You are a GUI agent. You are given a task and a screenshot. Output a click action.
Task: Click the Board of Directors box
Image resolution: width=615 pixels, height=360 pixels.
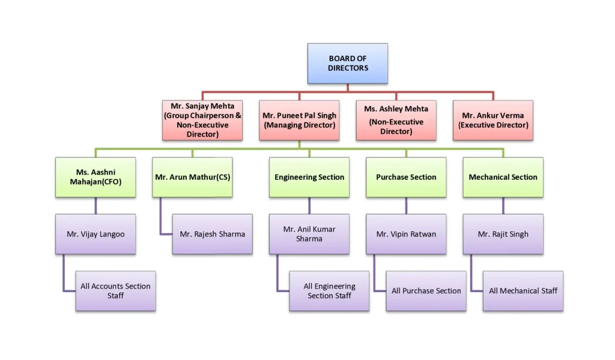[x=347, y=63]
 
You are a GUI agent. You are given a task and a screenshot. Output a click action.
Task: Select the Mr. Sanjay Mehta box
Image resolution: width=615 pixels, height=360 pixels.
[x=202, y=120]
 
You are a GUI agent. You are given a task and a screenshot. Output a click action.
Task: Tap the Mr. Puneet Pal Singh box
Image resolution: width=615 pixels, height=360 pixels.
[x=299, y=120]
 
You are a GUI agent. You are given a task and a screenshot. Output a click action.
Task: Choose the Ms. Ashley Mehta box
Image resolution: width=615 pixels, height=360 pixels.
[x=396, y=120]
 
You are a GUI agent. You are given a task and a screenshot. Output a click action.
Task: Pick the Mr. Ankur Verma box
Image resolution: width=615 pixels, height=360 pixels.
[x=493, y=120]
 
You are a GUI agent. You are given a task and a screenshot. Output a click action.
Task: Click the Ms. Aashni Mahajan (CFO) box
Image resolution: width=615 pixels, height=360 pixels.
[x=95, y=177]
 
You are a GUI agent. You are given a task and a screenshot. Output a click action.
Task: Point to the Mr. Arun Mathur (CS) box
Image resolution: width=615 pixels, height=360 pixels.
[x=192, y=177]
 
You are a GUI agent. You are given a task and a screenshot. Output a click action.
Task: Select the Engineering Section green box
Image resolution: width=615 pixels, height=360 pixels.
[x=309, y=177]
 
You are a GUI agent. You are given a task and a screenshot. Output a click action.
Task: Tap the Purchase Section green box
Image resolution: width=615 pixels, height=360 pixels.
[x=406, y=177]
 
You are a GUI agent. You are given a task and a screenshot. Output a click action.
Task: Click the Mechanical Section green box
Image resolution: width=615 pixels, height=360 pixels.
[x=503, y=177]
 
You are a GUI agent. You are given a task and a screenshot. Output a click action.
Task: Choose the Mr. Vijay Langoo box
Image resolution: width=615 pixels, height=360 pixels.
[x=95, y=234]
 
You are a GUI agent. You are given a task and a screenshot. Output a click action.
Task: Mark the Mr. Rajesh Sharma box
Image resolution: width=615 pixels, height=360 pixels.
[x=212, y=234]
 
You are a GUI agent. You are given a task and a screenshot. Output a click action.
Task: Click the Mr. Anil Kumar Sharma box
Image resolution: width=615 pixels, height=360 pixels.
[x=309, y=234]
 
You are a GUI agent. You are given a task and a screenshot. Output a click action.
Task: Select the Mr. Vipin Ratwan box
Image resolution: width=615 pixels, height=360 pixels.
[x=406, y=234]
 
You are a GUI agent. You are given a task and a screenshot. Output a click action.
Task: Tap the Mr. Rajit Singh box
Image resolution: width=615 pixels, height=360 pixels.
[x=503, y=234]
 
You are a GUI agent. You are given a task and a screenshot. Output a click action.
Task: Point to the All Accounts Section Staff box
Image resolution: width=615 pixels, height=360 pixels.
[x=115, y=290]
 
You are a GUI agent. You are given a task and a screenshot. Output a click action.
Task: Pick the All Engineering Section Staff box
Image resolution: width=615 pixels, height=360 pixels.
[x=329, y=290]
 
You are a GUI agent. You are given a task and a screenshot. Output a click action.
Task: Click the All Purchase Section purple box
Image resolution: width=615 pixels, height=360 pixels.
[x=426, y=290]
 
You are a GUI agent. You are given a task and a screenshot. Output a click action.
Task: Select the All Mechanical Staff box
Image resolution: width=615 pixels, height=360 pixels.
[x=523, y=290]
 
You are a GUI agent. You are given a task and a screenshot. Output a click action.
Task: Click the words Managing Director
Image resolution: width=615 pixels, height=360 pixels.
[x=299, y=126]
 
